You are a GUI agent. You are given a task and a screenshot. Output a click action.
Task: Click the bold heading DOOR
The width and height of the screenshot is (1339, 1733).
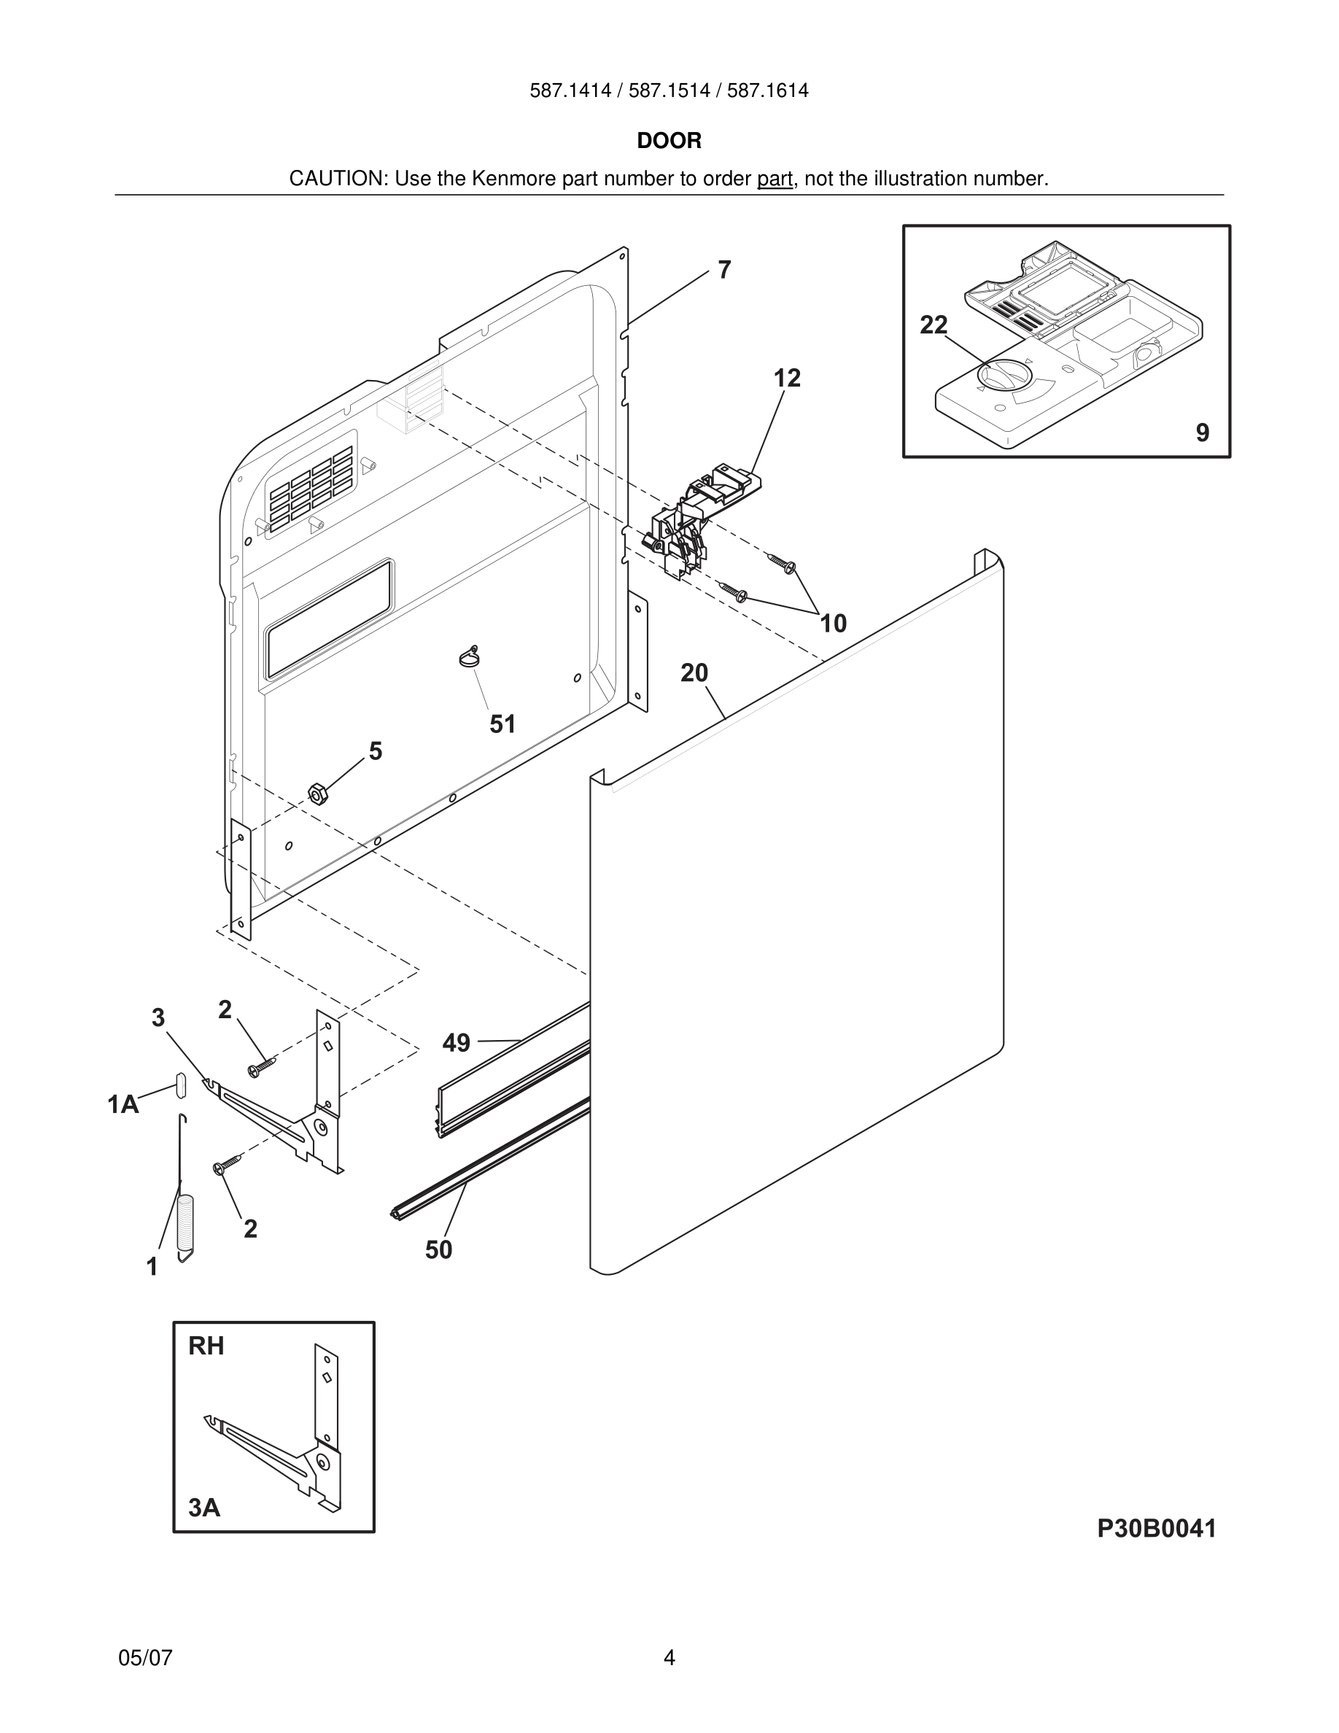[x=669, y=141]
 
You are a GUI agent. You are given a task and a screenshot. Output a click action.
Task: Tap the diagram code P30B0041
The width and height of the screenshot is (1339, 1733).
[x=1156, y=1528]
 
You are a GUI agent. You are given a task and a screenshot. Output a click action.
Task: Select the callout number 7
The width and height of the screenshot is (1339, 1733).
[x=723, y=270]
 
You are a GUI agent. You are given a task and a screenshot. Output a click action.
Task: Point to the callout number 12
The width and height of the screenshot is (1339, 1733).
[x=787, y=378]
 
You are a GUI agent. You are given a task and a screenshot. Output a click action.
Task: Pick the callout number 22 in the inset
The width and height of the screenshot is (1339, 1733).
[x=933, y=325]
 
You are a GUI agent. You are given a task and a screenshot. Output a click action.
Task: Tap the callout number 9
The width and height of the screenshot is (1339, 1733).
[x=1203, y=433]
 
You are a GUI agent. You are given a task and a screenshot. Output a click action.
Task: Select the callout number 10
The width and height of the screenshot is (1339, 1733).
[x=833, y=623]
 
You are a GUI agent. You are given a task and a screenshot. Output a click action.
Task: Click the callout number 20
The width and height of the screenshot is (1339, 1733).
[x=694, y=673]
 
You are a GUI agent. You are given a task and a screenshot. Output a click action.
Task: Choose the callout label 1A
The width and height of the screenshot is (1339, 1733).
[x=123, y=1104]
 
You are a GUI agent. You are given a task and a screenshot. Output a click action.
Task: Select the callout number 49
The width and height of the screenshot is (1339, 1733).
[x=456, y=1043]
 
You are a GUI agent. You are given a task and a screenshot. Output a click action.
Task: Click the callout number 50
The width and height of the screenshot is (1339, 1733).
[x=438, y=1249]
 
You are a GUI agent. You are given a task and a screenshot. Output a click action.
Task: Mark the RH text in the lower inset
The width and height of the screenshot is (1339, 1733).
[x=206, y=1346]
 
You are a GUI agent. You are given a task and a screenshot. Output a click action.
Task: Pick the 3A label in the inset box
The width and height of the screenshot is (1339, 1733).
[x=204, y=1507]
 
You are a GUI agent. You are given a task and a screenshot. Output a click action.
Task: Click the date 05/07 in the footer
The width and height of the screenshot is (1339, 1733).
[x=145, y=1658]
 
